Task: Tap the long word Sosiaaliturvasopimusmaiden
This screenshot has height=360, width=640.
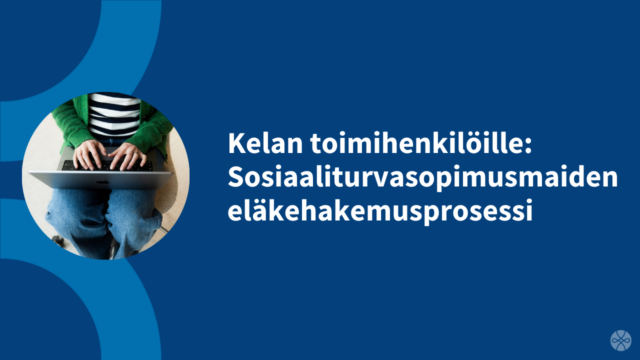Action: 422,177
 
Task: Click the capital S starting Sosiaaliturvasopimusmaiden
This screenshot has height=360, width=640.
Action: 235,177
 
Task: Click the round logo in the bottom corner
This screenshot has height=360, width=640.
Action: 620,340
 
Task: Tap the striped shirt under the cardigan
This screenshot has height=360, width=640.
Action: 114,115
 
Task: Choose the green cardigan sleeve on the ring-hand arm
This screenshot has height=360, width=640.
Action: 152,130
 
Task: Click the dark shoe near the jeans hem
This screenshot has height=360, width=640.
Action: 58,239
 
